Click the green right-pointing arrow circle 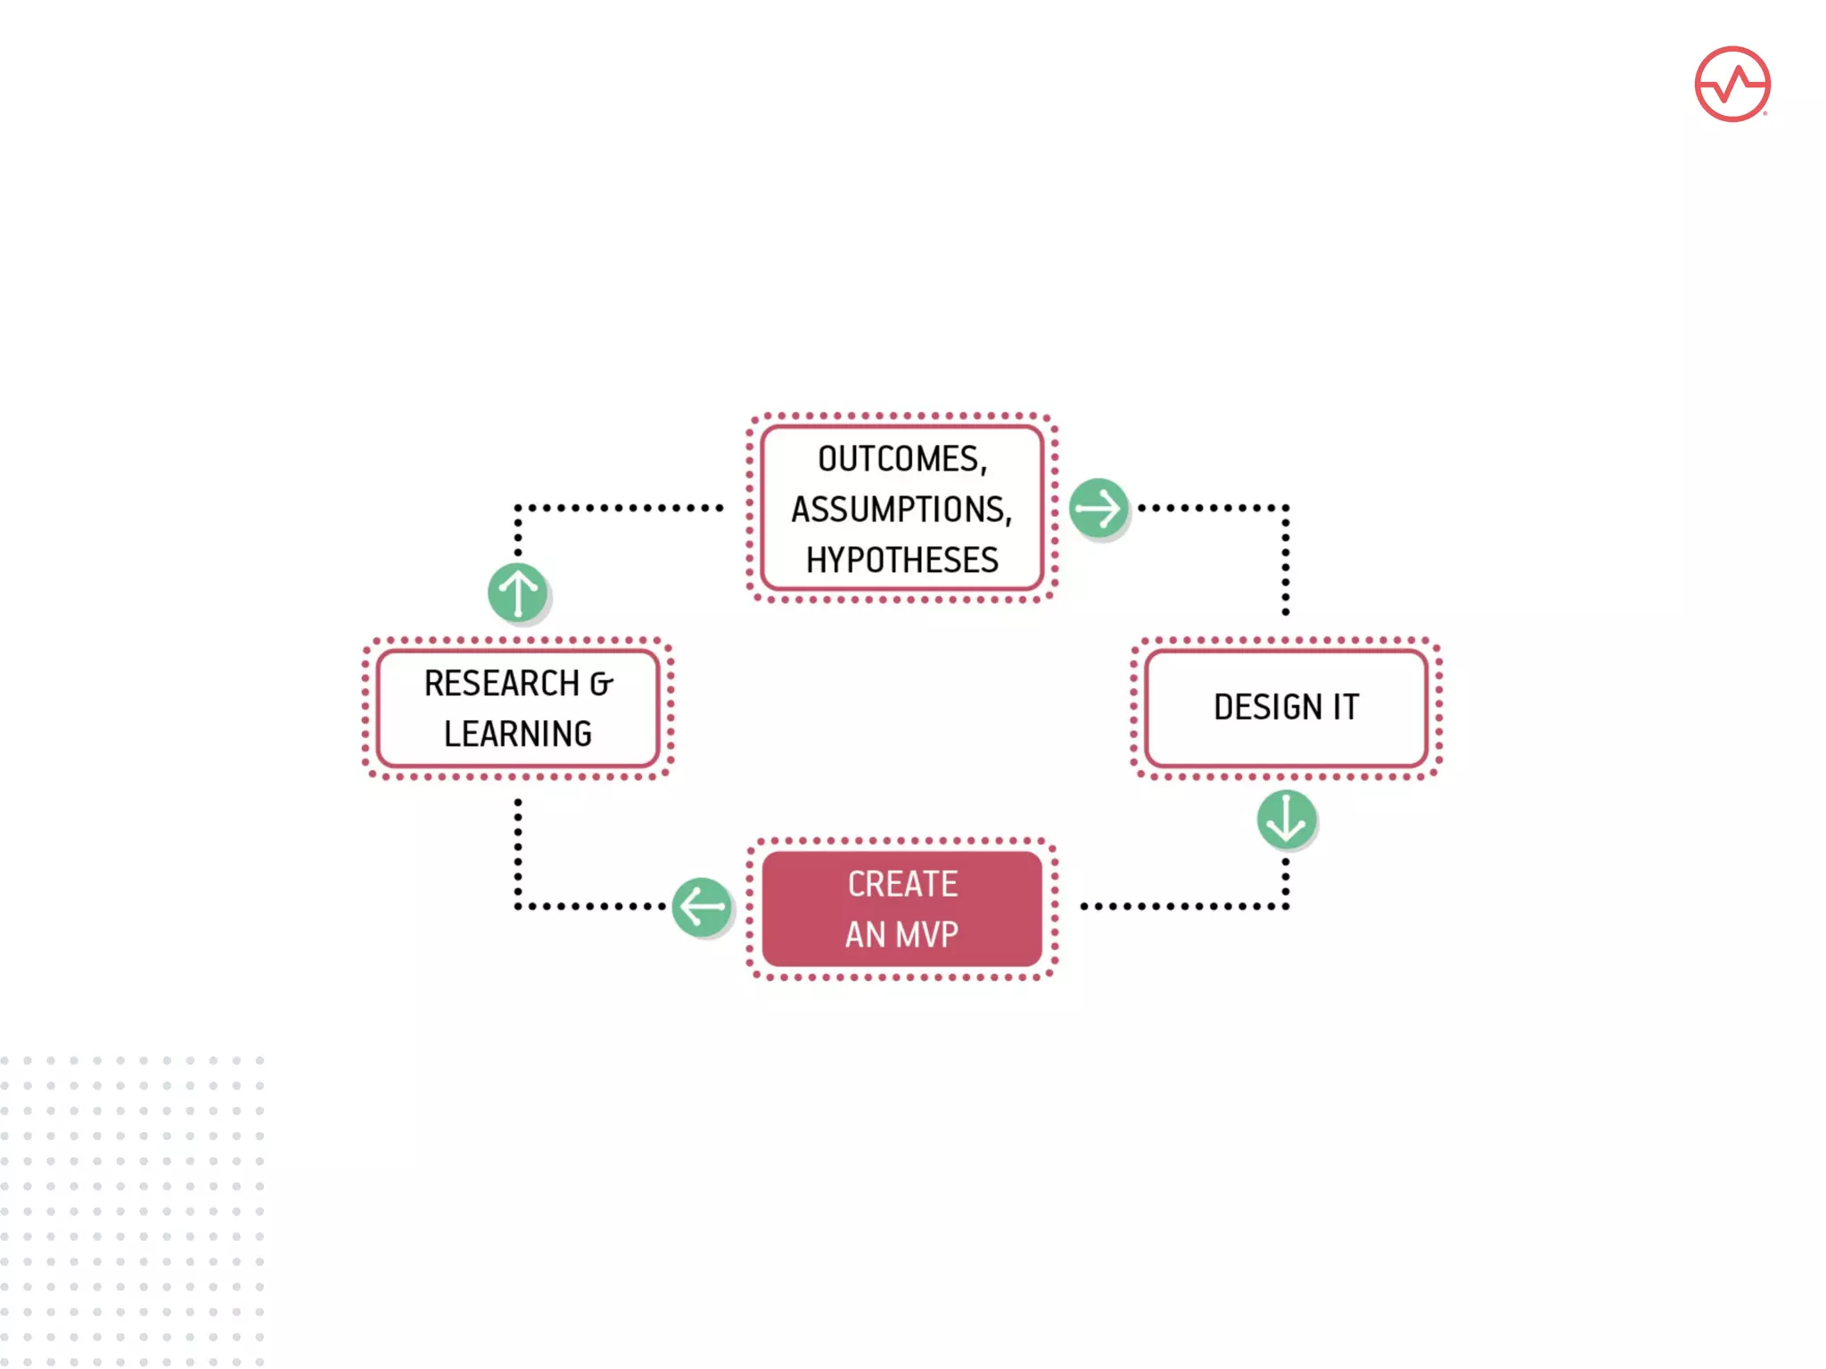tap(1098, 508)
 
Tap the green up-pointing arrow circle tap(518, 593)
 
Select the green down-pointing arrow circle tap(1286, 819)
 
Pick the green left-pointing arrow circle tap(702, 907)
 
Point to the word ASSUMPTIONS tap(898, 510)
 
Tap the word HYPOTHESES tap(902, 560)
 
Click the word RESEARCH tap(502, 684)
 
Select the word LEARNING tap(518, 734)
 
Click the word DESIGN tap(1267, 707)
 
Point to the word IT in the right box tap(1346, 707)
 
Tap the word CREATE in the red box tap(902, 883)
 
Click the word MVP tap(927, 934)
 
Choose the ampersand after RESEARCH tap(602, 684)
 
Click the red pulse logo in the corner tap(1731, 84)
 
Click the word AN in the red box tap(865, 934)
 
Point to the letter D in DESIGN tap(1224, 707)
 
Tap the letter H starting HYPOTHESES tap(816, 560)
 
